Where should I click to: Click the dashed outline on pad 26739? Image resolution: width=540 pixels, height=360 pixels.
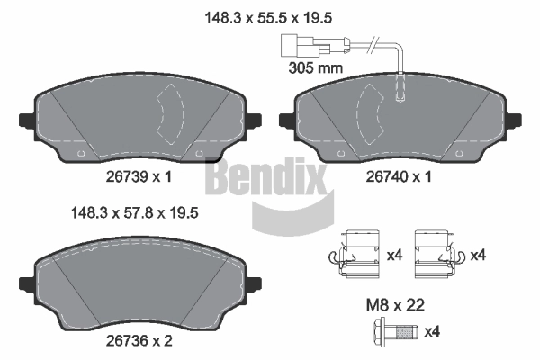click(x=169, y=114)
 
